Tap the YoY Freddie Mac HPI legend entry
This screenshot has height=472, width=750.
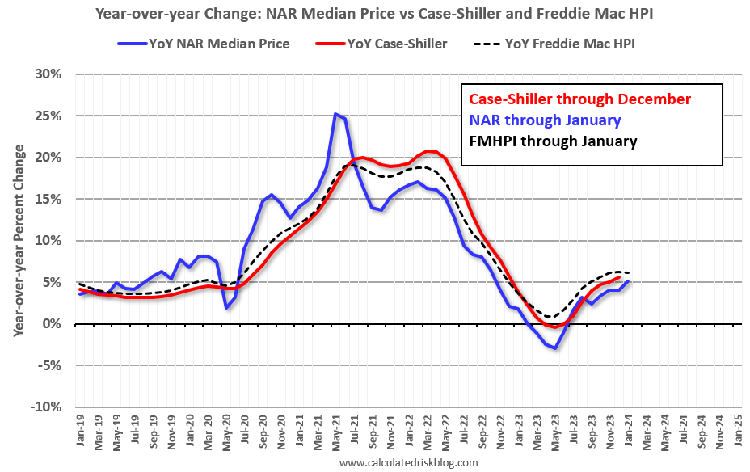558,44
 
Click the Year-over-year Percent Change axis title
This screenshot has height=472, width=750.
19,240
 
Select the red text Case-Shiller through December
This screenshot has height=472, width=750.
580,99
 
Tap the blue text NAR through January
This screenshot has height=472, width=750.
546,120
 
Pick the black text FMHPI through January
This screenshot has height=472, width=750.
554,141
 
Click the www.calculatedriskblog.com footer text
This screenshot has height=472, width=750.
408,462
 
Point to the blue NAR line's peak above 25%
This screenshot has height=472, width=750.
335,114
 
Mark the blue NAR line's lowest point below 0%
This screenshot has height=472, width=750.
555,348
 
